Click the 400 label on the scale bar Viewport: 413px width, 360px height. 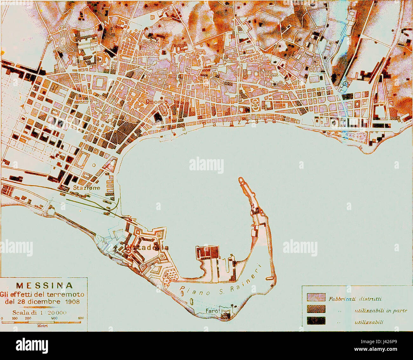[x=54, y=318]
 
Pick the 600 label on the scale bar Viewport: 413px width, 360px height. [x=81, y=318]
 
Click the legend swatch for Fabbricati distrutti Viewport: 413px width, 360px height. [x=316, y=298]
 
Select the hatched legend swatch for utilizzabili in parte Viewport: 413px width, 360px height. [x=316, y=310]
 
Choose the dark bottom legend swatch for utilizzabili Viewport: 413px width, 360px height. [x=316, y=321]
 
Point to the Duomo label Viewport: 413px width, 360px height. [x=157, y=102]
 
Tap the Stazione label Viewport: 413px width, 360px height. [x=86, y=188]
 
